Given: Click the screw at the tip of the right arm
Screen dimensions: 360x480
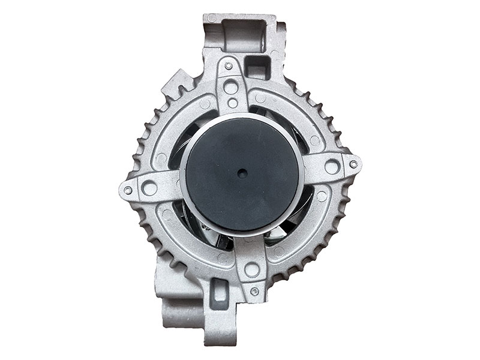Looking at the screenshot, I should point(353,163).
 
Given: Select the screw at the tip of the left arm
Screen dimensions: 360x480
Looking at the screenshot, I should point(127,190).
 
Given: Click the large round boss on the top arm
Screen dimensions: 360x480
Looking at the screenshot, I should point(230,88).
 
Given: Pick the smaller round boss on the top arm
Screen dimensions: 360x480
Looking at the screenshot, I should point(232,103).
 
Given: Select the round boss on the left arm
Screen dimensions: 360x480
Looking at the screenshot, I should point(149,188).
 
